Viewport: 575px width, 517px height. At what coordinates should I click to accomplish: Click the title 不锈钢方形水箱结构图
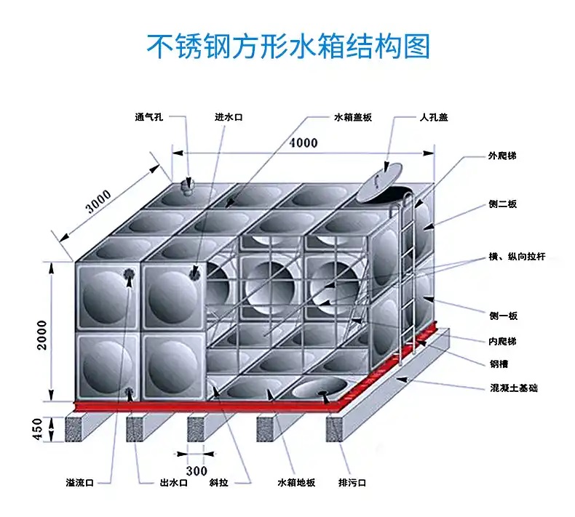(x=288, y=45)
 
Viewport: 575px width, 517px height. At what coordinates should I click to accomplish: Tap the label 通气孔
(x=148, y=117)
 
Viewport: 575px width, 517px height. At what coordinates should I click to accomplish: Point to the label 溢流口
(x=79, y=483)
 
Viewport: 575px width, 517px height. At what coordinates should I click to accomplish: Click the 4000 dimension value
(x=303, y=143)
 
